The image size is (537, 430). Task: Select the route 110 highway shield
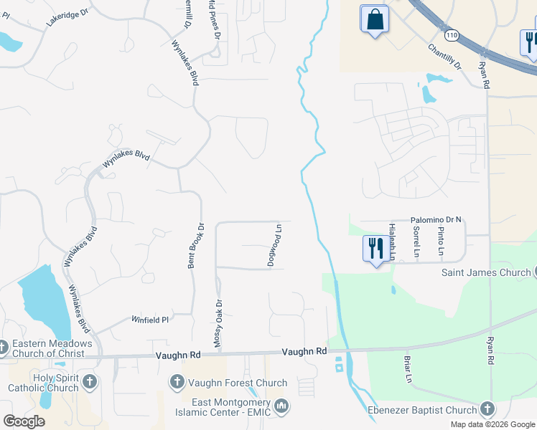451,34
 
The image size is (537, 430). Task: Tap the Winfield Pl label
149,320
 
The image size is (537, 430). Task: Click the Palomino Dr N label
436,221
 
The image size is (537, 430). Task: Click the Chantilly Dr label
444,57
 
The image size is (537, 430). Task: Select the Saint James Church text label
485,272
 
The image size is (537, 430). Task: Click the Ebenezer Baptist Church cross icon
487,409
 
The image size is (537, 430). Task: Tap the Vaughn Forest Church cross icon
177,383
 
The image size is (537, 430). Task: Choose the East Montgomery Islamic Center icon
282,406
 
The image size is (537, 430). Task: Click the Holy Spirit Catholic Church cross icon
90,381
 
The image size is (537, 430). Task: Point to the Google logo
24,421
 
